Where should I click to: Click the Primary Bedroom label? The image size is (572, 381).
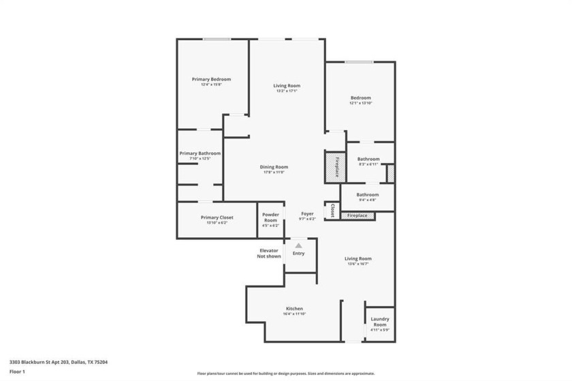point(211,79)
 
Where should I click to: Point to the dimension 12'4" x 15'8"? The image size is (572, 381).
point(211,85)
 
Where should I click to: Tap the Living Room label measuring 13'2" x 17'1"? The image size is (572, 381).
point(287,86)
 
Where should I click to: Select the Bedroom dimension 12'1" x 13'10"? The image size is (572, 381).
point(360,103)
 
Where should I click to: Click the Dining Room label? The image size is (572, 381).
point(274,167)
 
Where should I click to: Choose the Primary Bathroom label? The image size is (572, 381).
point(200,153)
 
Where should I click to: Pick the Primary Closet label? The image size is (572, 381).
point(217,217)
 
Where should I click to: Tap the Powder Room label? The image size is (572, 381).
point(270,217)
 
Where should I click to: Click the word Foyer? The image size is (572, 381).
point(308,214)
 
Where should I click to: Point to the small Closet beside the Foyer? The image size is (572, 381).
point(332,211)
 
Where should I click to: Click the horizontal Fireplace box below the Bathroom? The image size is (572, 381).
point(357,216)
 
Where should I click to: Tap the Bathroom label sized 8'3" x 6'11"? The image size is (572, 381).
point(368,159)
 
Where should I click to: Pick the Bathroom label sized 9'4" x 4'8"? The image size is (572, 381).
point(367,195)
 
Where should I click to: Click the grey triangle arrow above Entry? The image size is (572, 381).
point(298,245)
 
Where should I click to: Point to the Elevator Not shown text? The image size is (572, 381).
point(269,254)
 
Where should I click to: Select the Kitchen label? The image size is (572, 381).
point(294,309)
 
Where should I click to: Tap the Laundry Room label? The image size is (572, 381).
point(380,322)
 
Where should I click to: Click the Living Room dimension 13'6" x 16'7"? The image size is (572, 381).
point(357,264)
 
